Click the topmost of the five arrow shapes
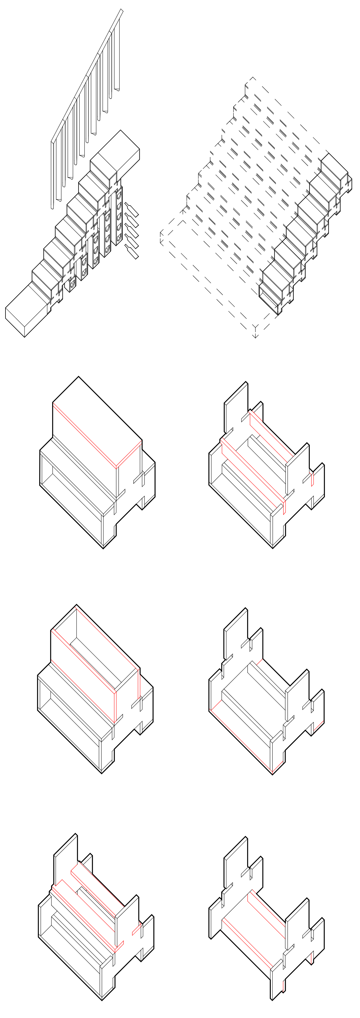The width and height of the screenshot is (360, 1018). (132, 209)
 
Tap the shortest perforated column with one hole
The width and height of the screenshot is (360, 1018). (72, 284)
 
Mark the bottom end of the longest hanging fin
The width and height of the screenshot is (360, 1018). (52, 207)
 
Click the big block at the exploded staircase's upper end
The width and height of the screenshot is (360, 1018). (119, 152)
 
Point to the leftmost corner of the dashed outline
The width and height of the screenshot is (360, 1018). (161, 237)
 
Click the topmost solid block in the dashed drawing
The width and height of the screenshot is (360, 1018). (334, 168)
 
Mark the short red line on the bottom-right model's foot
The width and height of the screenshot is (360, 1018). (283, 986)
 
